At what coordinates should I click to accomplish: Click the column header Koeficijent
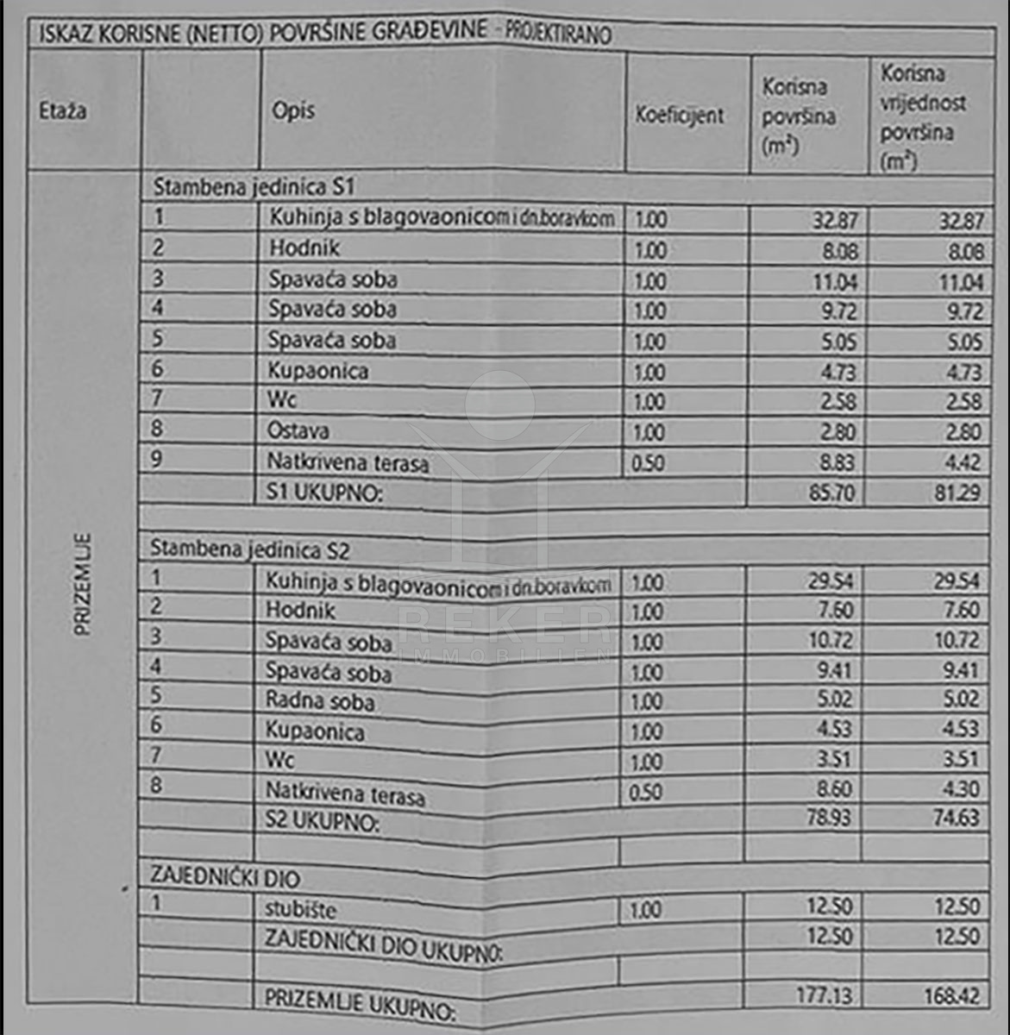pyautogui.click(x=680, y=116)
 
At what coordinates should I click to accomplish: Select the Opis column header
pyautogui.click(x=293, y=111)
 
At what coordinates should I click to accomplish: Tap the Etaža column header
pyautogui.click(x=63, y=111)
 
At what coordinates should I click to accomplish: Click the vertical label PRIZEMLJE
pyautogui.click(x=83, y=586)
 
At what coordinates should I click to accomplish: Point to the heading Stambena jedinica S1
pyautogui.click(x=254, y=187)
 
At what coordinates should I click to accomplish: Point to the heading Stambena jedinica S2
pyautogui.click(x=250, y=549)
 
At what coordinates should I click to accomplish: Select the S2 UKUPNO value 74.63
pyautogui.click(x=956, y=817)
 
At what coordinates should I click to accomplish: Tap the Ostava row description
pyautogui.click(x=298, y=430)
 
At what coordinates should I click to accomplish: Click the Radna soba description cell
pyautogui.click(x=320, y=699)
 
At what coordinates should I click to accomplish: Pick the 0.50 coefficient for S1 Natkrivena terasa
pyautogui.click(x=649, y=463)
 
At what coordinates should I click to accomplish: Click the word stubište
pyautogui.click(x=300, y=909)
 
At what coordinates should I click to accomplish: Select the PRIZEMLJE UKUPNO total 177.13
pyautogui.click(x=824, y=995)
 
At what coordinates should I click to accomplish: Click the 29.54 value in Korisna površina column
pyautogui.click(x=831, y=580)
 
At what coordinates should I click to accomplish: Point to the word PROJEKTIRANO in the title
pyautogui.click(x=556, y=34)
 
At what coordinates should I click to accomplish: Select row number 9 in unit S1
pyautogui.click(x=156, y=458)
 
